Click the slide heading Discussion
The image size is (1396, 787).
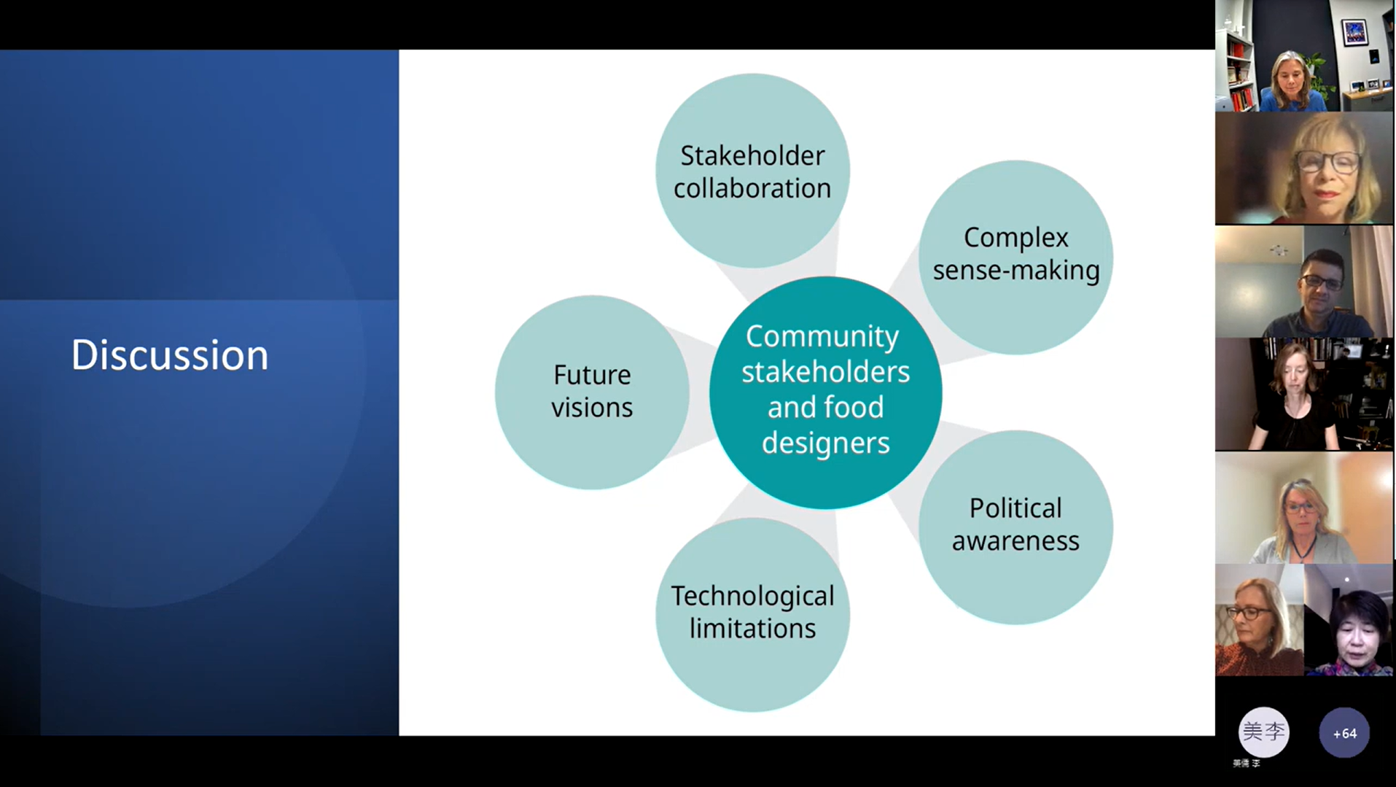coord(170,355)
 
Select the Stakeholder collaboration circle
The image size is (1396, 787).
coord(752,170)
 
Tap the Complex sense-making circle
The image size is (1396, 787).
coord(1015,257)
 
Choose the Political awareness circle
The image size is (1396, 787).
coord(1015,527)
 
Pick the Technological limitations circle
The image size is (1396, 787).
coord(752,614)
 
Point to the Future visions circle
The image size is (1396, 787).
coord(592,392)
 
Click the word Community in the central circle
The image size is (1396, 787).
coord(822,337)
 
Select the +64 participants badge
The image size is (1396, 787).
coord(1344,733)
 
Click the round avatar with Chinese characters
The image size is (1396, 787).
coord(1263,732)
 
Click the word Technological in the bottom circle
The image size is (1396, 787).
coord(752,597)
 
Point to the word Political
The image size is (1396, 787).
coord(1015,508)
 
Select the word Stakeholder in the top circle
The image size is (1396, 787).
coord(752,155)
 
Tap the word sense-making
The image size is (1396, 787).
coord(1016,271)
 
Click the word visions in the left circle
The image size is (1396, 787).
coord(592,408)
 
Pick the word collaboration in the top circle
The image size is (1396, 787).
coord(752,188)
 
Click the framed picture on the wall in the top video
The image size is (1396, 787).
coord(1355,31)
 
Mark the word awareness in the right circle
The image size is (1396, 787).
coord(1015,541)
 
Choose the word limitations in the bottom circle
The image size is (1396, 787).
coord(752,629)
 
